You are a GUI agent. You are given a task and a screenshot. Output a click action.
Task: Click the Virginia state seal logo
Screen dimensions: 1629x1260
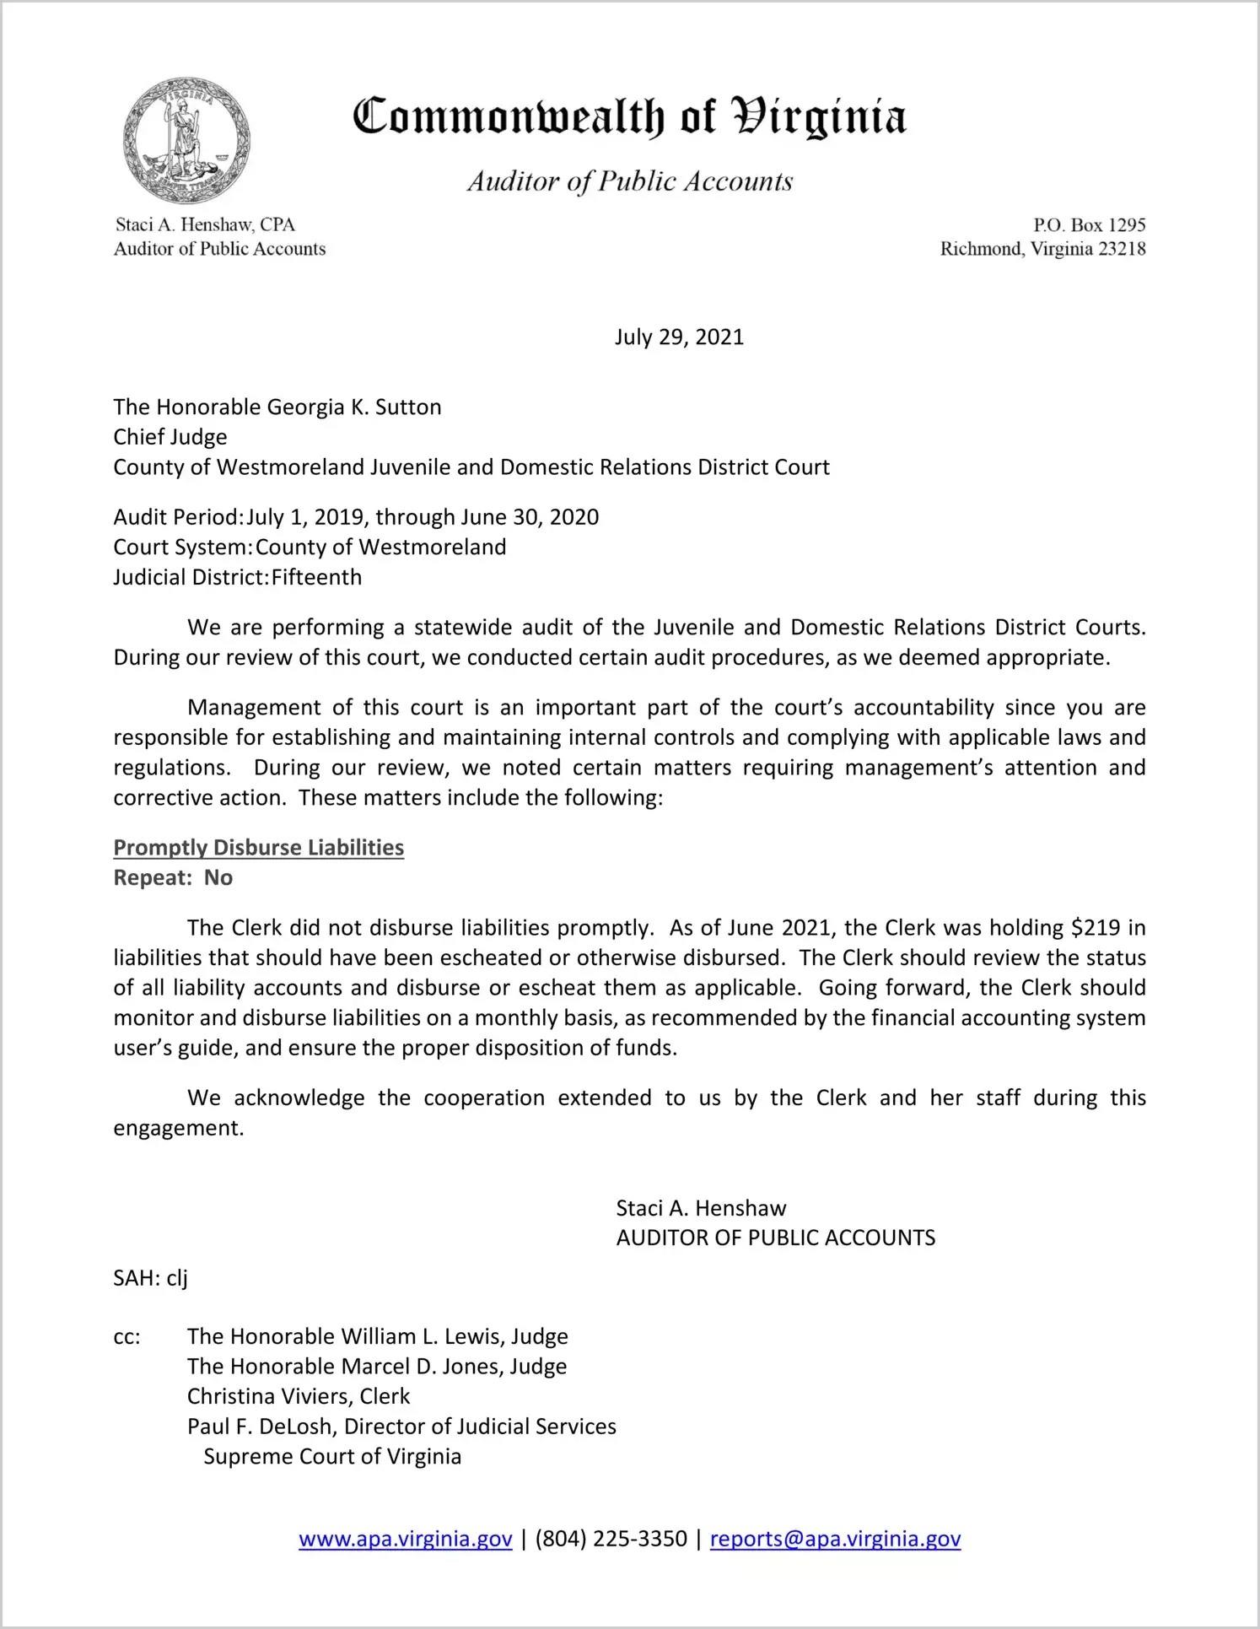tap(186, 140)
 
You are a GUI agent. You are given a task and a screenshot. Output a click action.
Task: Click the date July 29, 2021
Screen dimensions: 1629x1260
tap(679, 337)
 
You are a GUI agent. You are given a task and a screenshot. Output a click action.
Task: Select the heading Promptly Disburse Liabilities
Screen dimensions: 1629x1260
tap(259, 848)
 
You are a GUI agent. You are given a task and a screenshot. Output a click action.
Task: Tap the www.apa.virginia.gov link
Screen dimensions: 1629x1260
tap(406, 1539)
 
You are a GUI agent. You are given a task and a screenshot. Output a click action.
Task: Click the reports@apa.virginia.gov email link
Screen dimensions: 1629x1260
tap(835, 1539)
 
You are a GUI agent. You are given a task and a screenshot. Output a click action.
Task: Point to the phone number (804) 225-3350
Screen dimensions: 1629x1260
tap(611, 1539)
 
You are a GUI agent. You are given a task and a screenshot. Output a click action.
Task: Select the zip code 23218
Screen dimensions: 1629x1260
tap(1122, 249)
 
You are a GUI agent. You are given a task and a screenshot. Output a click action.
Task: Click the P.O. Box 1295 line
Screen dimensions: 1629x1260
tap(1090, 225)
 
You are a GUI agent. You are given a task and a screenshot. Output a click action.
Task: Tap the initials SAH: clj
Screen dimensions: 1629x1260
tap(150, 1278)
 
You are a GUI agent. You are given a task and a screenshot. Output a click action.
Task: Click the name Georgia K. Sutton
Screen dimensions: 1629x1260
tap(354, 407)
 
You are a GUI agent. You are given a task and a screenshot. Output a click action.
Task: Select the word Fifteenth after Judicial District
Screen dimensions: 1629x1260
tap(317, 578)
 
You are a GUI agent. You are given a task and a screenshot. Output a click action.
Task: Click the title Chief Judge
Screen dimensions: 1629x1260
tap(170, 437)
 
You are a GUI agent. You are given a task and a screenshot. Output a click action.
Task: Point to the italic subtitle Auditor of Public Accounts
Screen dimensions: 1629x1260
tap(630, 181)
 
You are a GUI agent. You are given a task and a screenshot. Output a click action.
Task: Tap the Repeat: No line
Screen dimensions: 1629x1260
tap(173, 878)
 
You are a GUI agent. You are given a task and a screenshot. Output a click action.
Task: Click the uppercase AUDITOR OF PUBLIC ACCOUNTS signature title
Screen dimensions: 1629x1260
tap(775, 1238)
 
